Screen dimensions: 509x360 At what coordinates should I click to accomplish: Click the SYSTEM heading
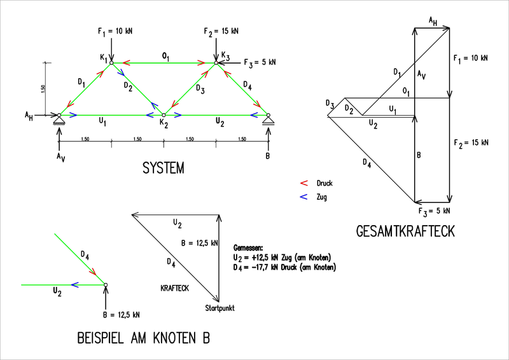coord(164,168)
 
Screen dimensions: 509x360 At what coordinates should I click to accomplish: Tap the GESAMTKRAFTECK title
coord(405,232)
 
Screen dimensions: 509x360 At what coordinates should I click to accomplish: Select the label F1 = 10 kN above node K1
coord(115,32)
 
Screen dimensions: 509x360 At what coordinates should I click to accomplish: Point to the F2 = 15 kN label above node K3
coord(221,32)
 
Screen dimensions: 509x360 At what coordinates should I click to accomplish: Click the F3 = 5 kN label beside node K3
coord(260,63)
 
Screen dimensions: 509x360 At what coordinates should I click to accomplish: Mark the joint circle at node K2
coord(164,115)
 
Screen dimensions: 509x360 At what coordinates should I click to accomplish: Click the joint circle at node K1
coord(111,63)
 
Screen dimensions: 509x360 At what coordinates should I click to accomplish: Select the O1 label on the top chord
coord(165,57)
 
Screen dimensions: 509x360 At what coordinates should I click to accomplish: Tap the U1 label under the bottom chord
coord(102,121)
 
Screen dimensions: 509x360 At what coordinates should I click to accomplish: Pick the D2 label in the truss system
coord(128,87)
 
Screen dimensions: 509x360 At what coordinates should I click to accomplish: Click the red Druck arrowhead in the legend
coord(304,183)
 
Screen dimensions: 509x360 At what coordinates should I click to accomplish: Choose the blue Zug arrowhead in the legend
coord(304,197)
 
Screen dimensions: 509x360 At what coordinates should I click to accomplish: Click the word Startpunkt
coord(220,308)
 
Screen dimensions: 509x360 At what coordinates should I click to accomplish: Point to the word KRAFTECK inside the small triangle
coord(174,288)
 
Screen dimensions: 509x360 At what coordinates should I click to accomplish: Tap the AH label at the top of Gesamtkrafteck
coord(433,22)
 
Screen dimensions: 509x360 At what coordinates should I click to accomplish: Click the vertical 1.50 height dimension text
coord(43,89)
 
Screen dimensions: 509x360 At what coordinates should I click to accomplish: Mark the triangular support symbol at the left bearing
coord(59,120)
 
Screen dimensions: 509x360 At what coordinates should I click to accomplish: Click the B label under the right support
coord(267,156)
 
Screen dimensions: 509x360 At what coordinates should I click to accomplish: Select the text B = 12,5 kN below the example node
coord(122,315)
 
